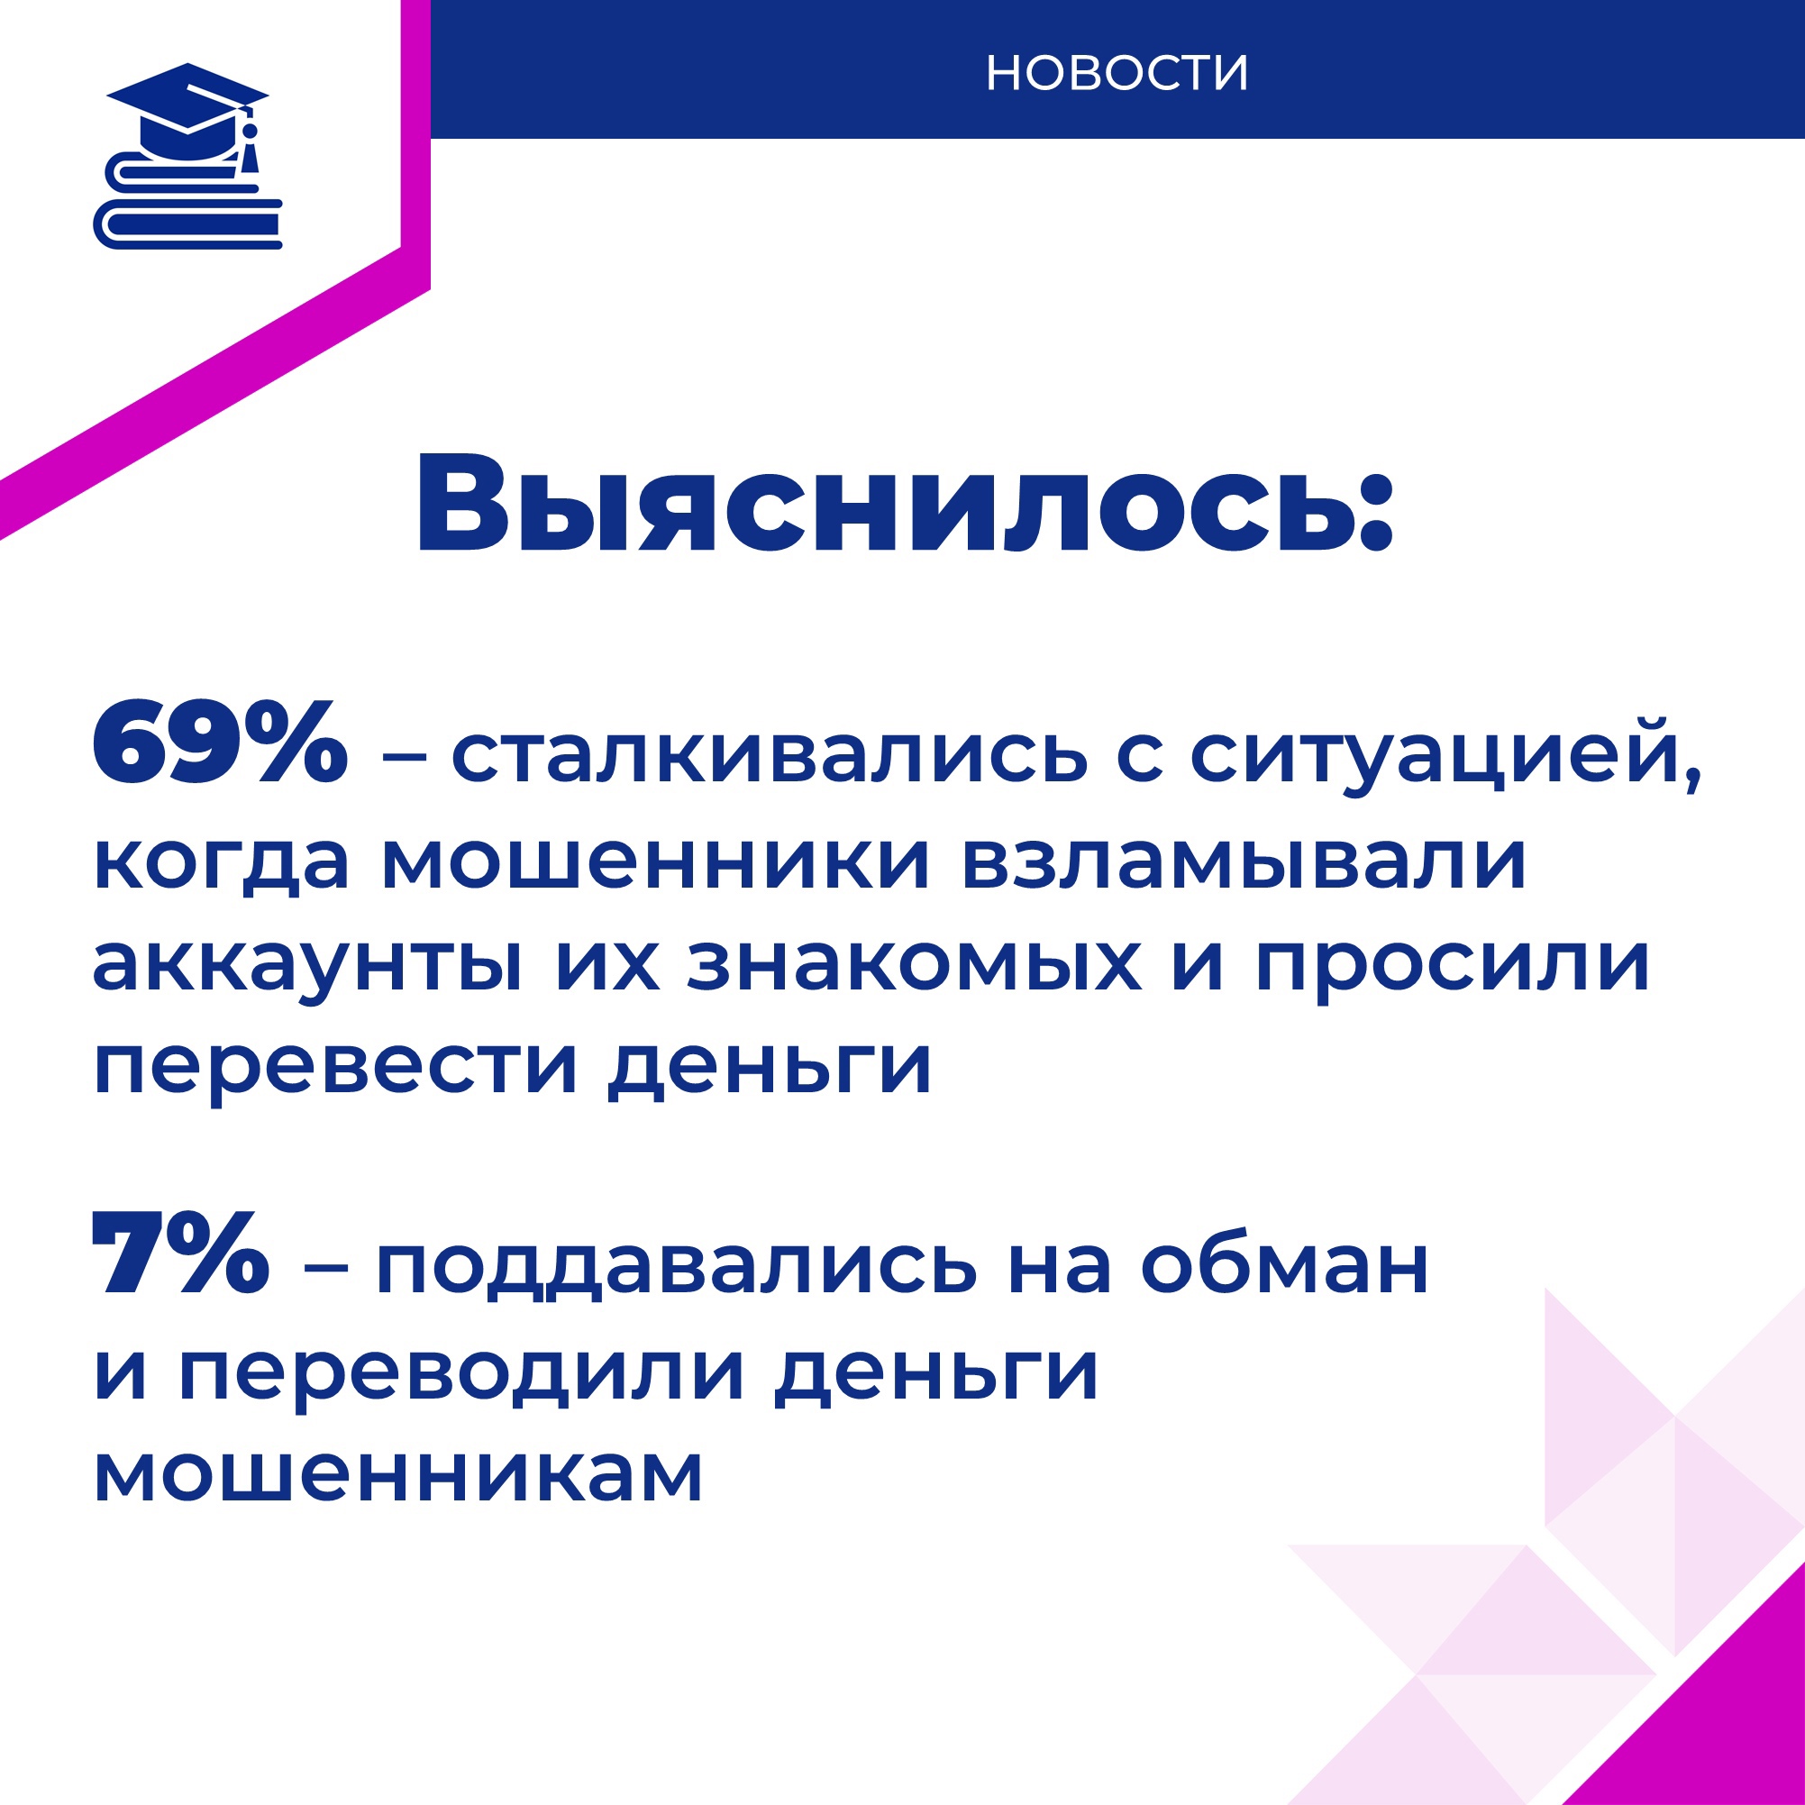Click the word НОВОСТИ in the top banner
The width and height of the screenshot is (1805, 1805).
[1117, 73]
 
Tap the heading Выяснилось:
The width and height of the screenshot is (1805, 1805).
[905, 506]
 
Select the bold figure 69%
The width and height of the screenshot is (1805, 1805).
[221, 742]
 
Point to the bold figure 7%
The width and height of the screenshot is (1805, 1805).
[181, 1253]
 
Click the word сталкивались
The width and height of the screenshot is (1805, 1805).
[770, 755]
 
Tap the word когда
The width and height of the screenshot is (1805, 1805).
[222, 861]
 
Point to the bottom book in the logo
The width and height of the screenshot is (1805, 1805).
[187, 225]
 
